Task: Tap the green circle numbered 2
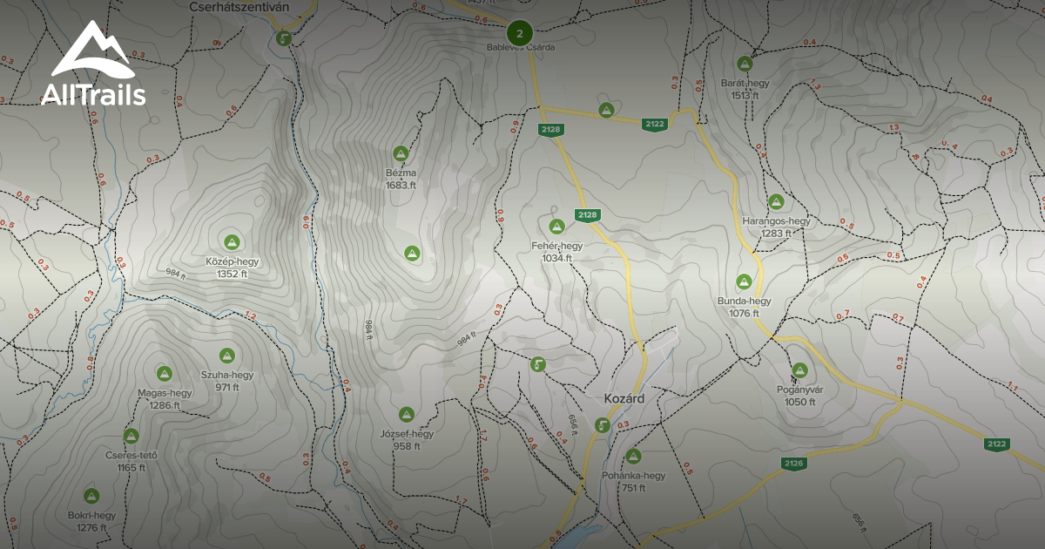coord(519,34)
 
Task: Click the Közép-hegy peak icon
coord(232,241)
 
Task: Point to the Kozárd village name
coord(624,398)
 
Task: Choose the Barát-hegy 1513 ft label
coord(745,89)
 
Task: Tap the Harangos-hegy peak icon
coord(775,201)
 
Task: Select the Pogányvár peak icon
coord(799,370)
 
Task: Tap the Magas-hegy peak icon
coord(164,374)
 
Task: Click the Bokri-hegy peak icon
coord(91,496)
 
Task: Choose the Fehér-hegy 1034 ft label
coord(556,252)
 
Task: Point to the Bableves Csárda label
coord(520,47)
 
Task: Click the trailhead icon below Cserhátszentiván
coord(284,38)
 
